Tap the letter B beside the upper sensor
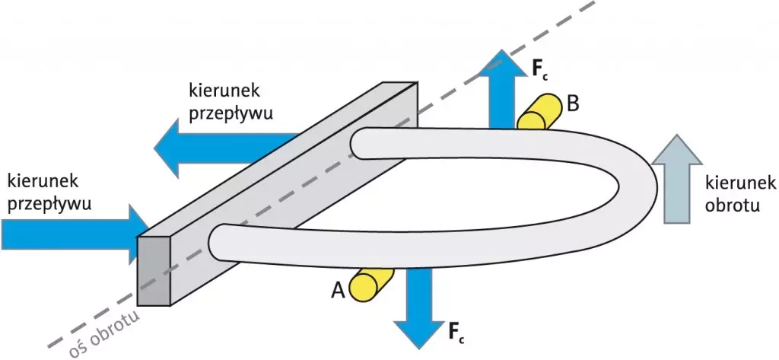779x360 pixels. click(x=573, y=103)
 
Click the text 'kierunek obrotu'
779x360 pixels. click(x=739, y=193)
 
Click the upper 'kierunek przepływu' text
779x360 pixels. click(x=230, y=100)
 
